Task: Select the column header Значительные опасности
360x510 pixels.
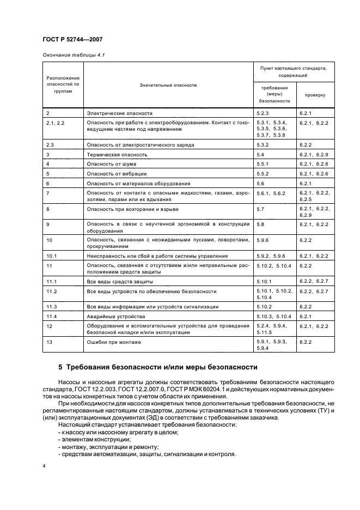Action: (x=168, y=85)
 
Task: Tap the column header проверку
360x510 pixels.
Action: (x=315, y=94)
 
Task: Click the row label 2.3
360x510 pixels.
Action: (x=51, y=145)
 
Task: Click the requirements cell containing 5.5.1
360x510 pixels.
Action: (x=264, y=164)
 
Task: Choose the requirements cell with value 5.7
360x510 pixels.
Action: (x=260, y=209)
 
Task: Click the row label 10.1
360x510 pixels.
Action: (x=52, y=256)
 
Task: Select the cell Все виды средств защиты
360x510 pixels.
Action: (x=120, y=282)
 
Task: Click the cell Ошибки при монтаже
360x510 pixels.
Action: (x=114, y=342)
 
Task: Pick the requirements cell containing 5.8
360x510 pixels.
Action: (x=260, y=224)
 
